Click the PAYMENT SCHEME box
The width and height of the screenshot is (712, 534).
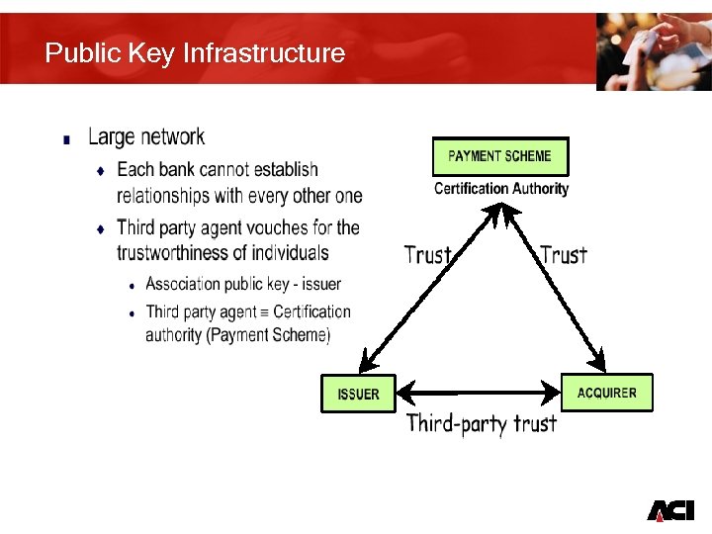(x=500, y=156)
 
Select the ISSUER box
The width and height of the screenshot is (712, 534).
(x=358, y=394)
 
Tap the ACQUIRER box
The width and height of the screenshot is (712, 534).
(x=607, y=393)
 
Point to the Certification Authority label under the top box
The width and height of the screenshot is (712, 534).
(x=501, y=188)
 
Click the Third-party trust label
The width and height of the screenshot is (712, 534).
(x=482, y=424)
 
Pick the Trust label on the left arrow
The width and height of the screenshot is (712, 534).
(x=427, y=255)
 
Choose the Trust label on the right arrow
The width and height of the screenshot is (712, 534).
(x=564, y=255)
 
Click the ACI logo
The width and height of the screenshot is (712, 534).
(x=670, y=510)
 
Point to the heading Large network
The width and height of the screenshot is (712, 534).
(x=146, y=136)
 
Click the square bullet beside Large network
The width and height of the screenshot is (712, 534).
(x=66, y=139)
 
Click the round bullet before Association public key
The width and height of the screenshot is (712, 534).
(x=132, y=286)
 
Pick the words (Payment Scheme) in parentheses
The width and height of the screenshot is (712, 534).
(x=268, y=335)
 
